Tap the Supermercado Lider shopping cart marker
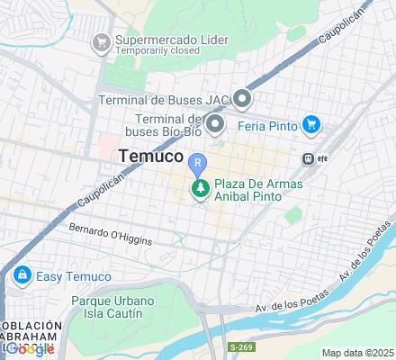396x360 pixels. click(102, 41)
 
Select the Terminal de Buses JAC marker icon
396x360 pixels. click(241, 98)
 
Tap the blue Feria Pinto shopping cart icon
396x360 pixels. click(311, 124)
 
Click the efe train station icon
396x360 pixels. click(309, 158)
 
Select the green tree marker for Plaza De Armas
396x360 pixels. click(199, 188)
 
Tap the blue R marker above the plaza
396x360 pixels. click(198, 164)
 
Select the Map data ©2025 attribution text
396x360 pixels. click(358, 352)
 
